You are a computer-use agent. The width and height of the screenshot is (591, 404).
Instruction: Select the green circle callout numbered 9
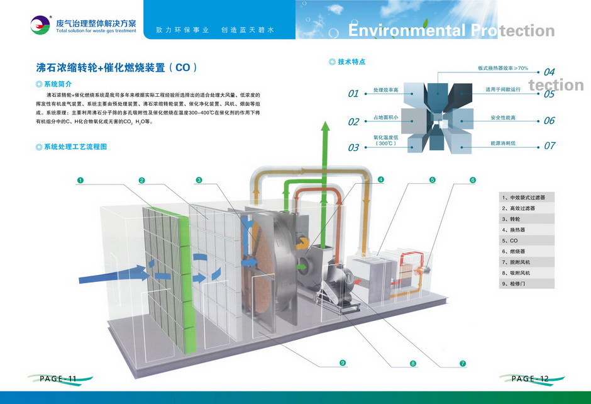click(343, 362)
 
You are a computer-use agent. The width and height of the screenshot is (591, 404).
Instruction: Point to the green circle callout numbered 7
click(463, 363)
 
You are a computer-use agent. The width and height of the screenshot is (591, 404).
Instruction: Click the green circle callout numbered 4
click(381, 180)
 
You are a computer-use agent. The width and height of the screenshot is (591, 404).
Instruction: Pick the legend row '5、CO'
click(527, 240)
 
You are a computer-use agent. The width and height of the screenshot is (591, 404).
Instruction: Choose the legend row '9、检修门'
click(527, 284)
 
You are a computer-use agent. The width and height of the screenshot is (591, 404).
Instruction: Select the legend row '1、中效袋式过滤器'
click(527, 197)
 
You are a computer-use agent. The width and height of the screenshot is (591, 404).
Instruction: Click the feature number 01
click(353, 94)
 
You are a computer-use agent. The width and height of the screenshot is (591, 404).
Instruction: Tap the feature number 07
click(550, 145)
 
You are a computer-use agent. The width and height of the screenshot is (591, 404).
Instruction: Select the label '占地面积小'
click(385, 118)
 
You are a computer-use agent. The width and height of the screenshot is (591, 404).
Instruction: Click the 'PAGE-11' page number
click(58, 378)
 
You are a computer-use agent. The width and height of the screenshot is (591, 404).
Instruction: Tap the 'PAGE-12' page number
click(530, 378)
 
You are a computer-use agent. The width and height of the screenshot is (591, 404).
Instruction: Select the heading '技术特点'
click(351, 62)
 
